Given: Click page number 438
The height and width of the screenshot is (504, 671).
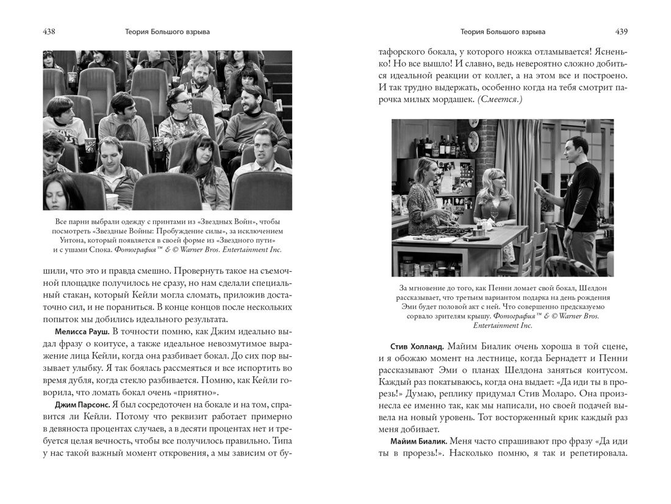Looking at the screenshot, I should click(50, 31).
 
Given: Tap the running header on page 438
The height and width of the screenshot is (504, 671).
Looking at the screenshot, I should click(168, 31).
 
